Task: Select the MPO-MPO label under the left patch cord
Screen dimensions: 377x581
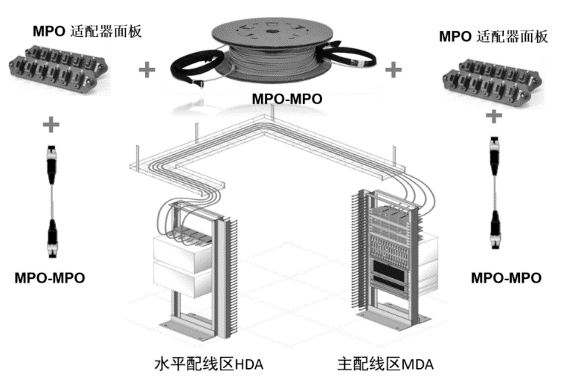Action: (49, 278)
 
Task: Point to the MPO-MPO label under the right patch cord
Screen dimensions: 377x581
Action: (506, 278)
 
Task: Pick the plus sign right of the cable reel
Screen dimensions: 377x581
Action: (393, 71)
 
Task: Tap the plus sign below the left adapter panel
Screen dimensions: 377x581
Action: (51, 120)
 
